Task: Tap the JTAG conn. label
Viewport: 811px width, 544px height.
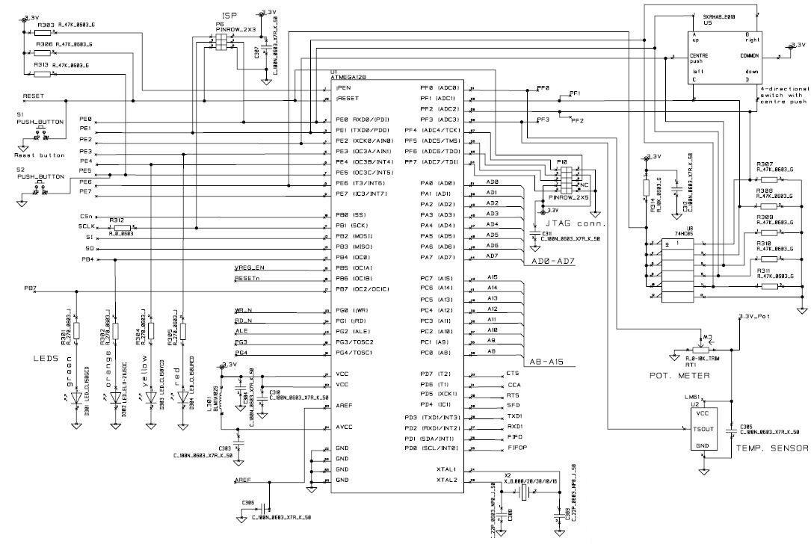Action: [x=576, y=223]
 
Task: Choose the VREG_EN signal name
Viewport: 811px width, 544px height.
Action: [x=249, y=268]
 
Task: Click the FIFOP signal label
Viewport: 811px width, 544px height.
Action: [x=517, y=448]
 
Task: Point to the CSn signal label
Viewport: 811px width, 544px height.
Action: [x=84, y=215]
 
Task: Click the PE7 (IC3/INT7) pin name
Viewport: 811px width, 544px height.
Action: [x=361, y=194]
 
